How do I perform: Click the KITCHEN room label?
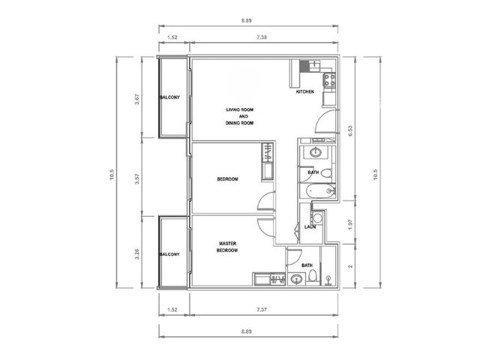(x=305, y=91)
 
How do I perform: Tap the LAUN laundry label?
(x=310, y=226)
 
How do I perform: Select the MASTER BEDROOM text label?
(x=227, y=247)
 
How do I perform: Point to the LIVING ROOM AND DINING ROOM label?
(x=240, y=116)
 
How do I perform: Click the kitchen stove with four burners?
(x=329, y=80)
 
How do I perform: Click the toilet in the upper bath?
(x=326, y=174)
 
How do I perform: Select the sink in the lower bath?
(x=296, y=279)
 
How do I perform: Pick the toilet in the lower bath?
(x=313, y=276)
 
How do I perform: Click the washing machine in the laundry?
(x=317, y=218)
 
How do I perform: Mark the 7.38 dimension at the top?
(x=262, y=37)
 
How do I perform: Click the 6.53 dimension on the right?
(x=350, y=130)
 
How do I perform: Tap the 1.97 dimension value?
(x=350, y=224)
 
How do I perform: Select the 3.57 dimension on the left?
(x=136, y=178)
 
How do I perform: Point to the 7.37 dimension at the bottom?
(x=262, y=310)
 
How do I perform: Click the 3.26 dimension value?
(x=136, y=254)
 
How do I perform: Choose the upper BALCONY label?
(x=169, y=97)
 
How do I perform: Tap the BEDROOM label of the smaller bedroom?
(x=227, y=179)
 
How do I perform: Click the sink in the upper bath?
(x=315, y=152)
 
